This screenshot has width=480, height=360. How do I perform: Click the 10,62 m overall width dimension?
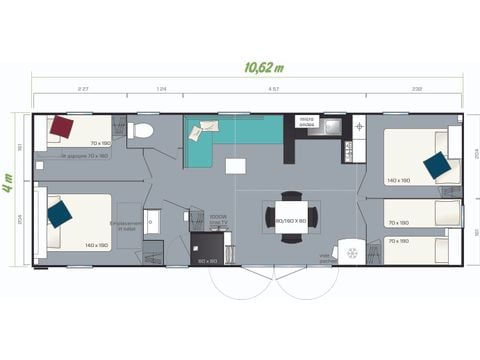coord(263,67)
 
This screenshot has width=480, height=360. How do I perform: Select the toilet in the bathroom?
coord(143,129)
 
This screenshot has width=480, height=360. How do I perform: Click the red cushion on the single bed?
coord(62,127)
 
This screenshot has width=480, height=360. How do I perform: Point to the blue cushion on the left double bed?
coord(59,212)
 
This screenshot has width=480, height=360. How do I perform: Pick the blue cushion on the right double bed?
coord(436,165)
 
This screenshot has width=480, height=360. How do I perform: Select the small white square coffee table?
coord(235,166)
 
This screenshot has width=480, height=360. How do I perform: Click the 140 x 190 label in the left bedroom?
coord(97,246)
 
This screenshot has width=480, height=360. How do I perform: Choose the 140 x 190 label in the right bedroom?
coord(398,181)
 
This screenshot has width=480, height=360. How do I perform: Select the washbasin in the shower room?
coord(152,222)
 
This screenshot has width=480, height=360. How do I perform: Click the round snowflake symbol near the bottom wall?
coord(350,253)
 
